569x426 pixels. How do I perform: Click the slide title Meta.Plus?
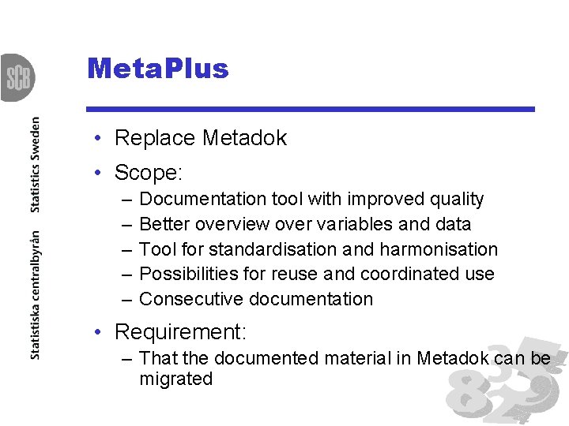[158, 69]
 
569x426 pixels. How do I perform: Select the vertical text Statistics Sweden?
[35, 165]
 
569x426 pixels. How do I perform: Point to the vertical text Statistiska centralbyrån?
[35, 295]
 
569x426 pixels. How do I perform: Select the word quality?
[454, 200]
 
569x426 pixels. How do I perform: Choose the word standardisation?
[273, 250]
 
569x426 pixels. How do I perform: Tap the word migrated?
[175, 379]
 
